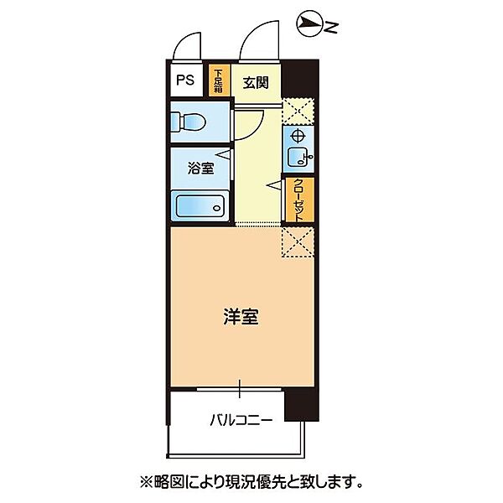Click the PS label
click(184, 81)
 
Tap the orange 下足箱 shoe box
click(219, 81)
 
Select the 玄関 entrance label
click(255, 82)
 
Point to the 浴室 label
click(200, 168)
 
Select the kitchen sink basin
click(297, 157)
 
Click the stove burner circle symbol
click(298, 137)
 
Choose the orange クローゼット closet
click(298, 200)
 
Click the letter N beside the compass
click(331, 29)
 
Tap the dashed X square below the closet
click(297, 241)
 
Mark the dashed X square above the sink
click(298, 111)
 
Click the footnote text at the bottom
click(251, 481)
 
